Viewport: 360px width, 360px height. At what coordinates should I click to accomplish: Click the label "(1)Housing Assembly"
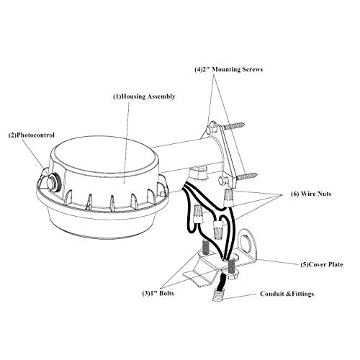click(x=144, y=96)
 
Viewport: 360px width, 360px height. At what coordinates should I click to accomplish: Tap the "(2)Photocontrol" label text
click(x=32, y=135)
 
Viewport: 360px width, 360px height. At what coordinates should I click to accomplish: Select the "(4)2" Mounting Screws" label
click(x=228, y=69)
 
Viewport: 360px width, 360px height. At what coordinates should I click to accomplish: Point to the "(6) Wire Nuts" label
click(x=311, y=194)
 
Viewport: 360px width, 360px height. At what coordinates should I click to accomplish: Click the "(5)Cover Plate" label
click(x=322, y=264)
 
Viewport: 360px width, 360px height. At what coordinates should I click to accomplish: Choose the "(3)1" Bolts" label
click(x=158, y=293)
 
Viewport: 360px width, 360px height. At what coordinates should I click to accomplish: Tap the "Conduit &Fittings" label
click(x=287, y=294)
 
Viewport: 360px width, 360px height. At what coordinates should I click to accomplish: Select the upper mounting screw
click(x=234, y=125)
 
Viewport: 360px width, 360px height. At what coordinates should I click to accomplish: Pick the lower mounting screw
click(x=247, y=176)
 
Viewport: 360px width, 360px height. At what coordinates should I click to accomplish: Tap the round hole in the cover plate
click(x=245, y=243)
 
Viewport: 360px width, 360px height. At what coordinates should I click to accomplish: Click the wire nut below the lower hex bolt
click(x=229, y=197)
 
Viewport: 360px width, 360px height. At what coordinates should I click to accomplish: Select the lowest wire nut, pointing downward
click(x=217, y=230)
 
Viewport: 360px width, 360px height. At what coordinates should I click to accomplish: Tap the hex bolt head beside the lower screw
click(x=222, y=181)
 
